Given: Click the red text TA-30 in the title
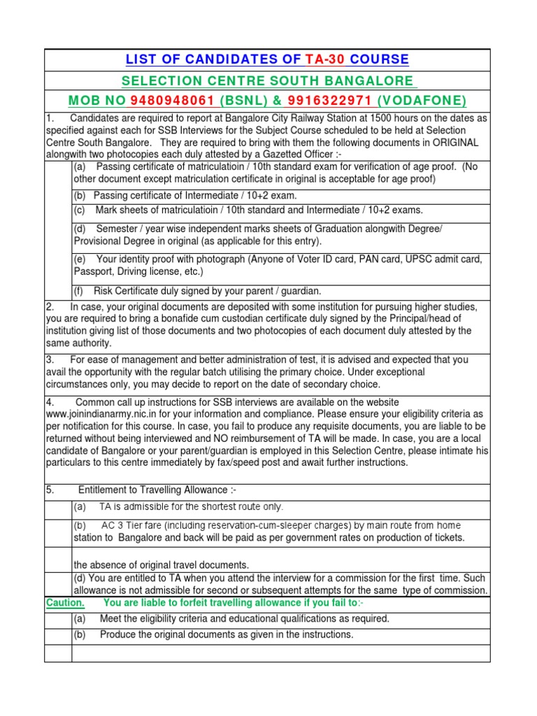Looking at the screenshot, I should coord(324,59).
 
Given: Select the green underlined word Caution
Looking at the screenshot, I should coord(65,603).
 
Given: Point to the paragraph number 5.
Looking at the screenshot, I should coord(50,490).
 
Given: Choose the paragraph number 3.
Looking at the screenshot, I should coord(50,359).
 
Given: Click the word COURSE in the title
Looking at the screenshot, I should coord(380,59).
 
